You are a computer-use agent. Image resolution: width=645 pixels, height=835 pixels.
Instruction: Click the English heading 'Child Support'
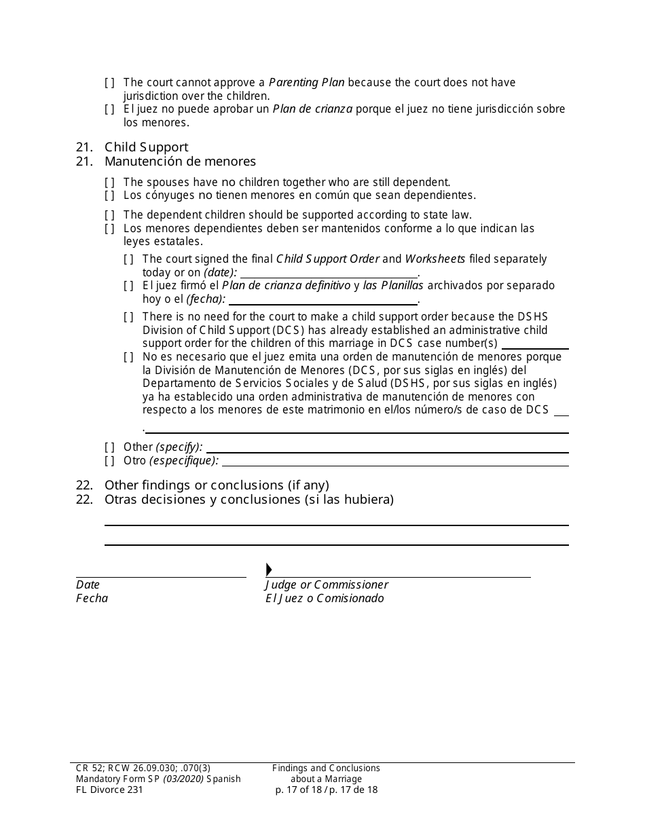(x=146, y=147)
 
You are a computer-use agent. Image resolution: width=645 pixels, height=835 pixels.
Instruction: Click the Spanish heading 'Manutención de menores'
(x=180, y=162)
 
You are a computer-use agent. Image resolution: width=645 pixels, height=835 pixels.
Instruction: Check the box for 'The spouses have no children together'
(x=109, y=182)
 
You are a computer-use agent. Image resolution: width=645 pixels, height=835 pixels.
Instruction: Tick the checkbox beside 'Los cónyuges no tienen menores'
(x=109, y=196)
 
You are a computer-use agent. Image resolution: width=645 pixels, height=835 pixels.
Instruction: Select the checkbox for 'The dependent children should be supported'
(x=109, y=215)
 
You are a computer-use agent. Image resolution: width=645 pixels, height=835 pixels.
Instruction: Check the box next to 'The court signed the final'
(x=128, y=259)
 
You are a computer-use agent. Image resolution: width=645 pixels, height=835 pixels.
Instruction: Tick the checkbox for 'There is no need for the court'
(x=128, y=316)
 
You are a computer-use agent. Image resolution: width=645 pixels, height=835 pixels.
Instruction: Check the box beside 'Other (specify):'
(x=109, y=447)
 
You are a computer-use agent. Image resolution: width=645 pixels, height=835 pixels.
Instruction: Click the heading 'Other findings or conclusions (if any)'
(x=217, y=485)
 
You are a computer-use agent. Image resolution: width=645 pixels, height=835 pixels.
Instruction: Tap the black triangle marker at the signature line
(x=269, y=570)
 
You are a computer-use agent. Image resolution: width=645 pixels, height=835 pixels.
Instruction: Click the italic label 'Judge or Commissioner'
(x=327, y=585)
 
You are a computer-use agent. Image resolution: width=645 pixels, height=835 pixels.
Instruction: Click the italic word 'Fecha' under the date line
(x=92, y=599)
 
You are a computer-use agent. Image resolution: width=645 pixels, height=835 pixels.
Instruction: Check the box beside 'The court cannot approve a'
(x=109, y=83)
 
